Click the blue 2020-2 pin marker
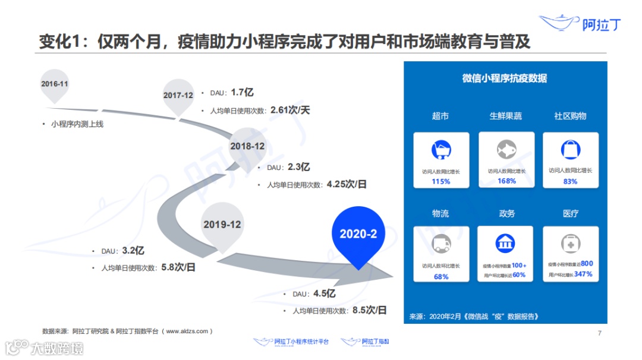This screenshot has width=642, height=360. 358,233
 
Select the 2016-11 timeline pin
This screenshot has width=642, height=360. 55,84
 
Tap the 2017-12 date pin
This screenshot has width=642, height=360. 178,95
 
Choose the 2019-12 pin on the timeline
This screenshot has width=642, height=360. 222,225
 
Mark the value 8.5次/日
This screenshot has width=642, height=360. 369,310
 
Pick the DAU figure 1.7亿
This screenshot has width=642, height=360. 243,92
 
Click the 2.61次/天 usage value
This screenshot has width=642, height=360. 291,109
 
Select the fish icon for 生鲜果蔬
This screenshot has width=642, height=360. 506,149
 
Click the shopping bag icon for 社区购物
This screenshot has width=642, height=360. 571,150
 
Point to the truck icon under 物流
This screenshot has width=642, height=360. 441,243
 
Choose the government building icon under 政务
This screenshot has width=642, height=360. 505,242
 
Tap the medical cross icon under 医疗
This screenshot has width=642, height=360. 571,243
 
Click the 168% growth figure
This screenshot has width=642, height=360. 506,181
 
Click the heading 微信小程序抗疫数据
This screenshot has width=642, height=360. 505,78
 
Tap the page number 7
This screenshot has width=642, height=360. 600,333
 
